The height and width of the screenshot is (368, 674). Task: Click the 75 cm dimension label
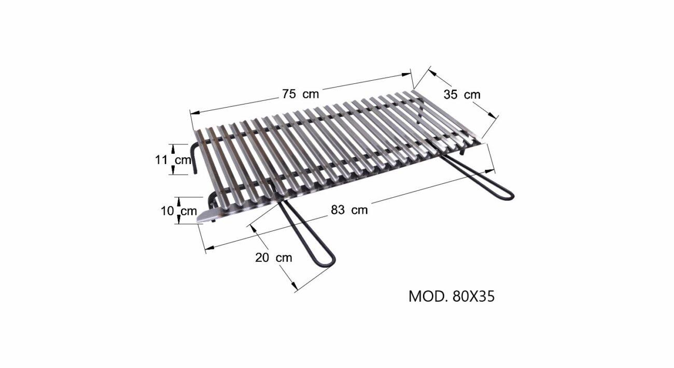coord(300,94)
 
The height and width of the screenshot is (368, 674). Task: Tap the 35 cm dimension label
coord(462,95)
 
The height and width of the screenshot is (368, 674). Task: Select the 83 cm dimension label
coord(349,210)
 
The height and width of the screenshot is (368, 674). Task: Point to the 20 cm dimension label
coord(274,257)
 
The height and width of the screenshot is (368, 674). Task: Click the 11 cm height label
coord(173,160)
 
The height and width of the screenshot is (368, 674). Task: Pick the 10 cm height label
coord(179,211)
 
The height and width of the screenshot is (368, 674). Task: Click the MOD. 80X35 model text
coord(452,297)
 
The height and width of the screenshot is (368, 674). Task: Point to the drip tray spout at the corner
coord(205,217)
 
